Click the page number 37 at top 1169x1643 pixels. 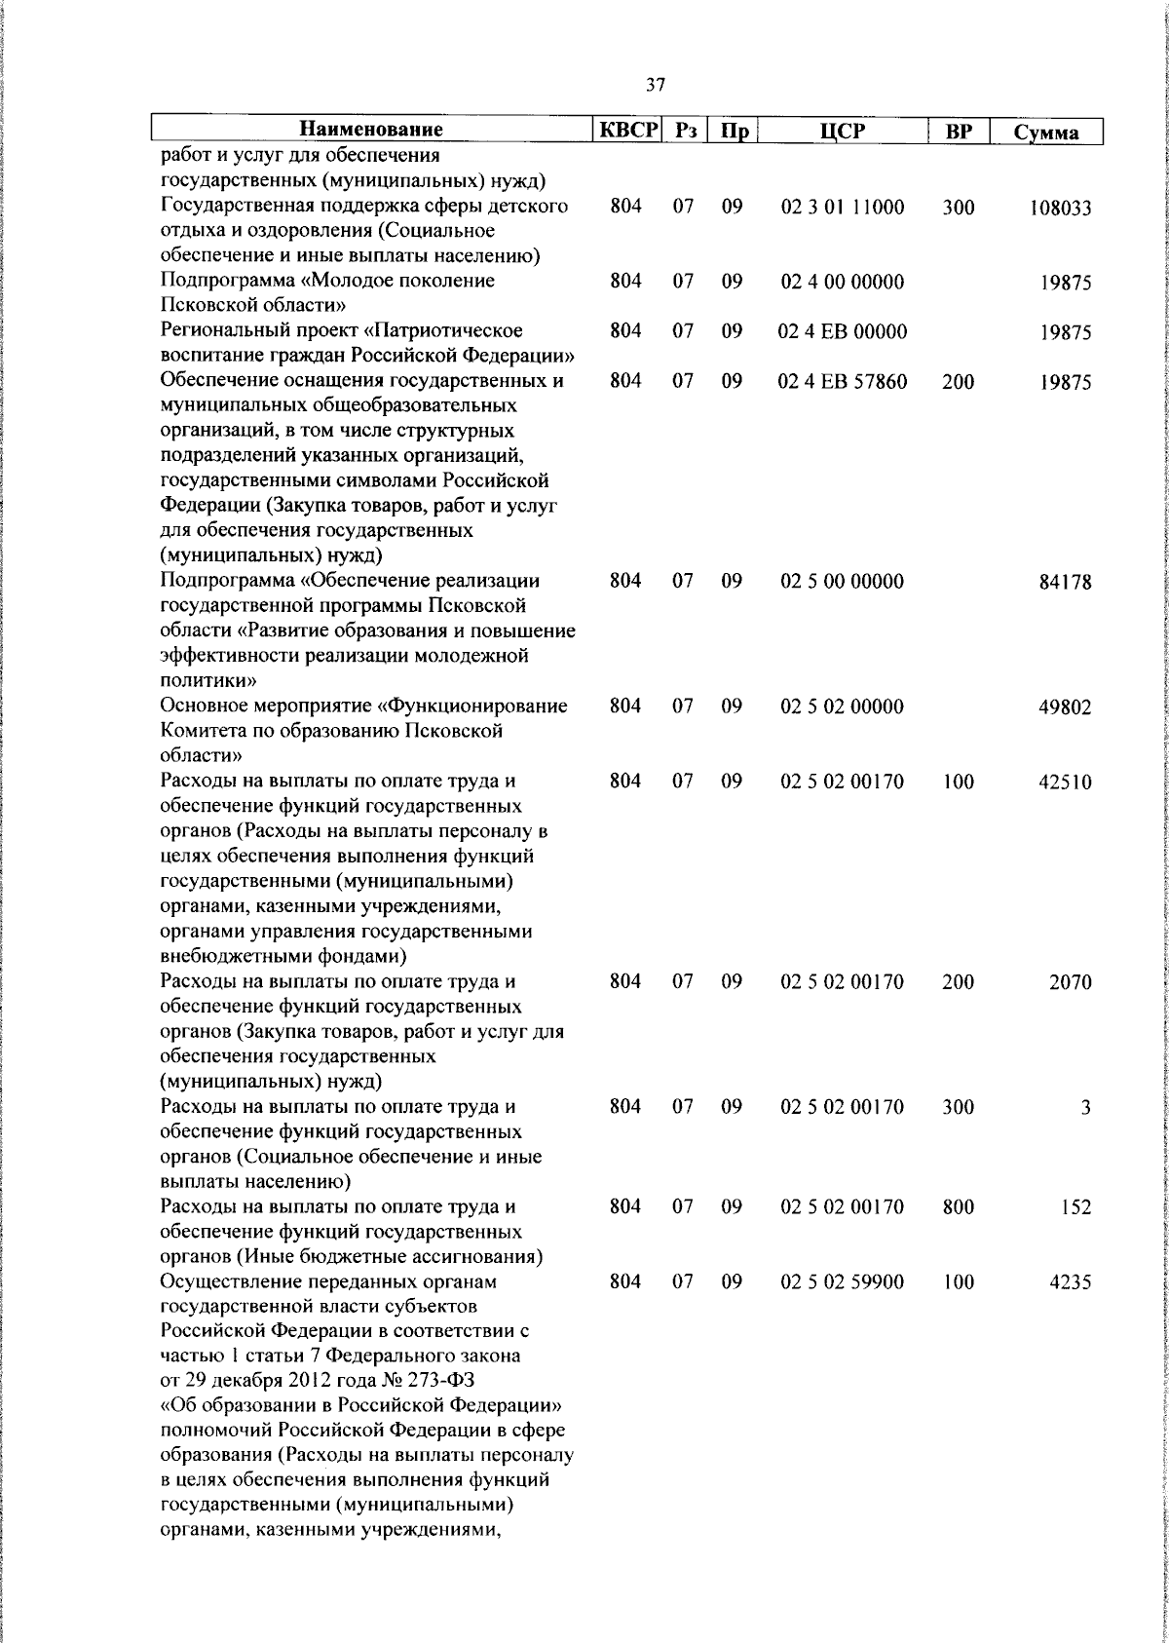(656, 85)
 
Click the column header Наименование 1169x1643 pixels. (370, 130)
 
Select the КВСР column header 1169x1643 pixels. (628, 130)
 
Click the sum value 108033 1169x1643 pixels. (1060, 209)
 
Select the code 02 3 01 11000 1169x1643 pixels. (842, 208)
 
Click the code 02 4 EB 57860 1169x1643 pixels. (842, 382)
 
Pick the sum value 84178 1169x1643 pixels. (1064, 583)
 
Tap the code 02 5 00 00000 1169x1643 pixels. (842, 582)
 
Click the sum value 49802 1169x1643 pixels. (1064, 707)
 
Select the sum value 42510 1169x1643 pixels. (1064, 783)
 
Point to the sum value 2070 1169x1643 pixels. (1070, 982)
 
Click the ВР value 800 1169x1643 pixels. (958, 1206)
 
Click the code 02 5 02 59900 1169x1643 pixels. (842, 1281)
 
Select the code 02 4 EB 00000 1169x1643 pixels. (842, 331)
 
